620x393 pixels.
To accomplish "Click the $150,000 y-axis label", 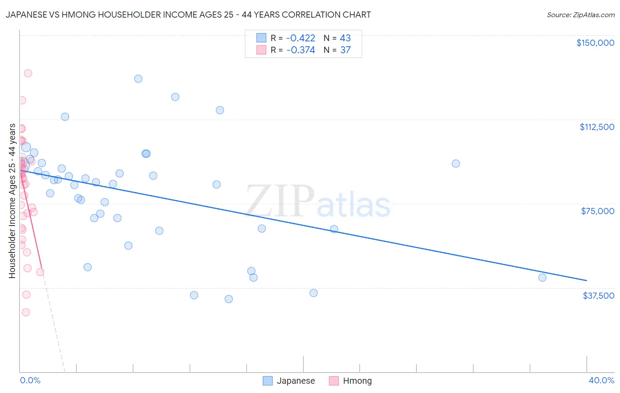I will click(x=595, y=43).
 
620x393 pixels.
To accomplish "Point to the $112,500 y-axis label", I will click(x=597, y=127).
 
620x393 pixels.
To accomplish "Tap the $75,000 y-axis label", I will click(x=598, y=211).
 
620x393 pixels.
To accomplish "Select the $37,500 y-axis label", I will click(x=598, y=296).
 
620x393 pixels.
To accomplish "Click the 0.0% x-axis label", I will click(x=30, y=380).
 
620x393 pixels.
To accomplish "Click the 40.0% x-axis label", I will click(x=601, y=380).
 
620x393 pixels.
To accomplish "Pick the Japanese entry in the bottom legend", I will click(x=295, y=381).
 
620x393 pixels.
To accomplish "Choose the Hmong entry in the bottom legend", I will click(x=357, y=381).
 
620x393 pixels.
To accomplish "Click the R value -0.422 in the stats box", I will click(x=301, y=38).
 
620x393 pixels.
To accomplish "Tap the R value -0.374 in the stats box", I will click(x=301, y=50).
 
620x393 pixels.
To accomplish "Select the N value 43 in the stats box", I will click(x=345, y=38).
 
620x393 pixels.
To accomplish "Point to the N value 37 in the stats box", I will click(x=345, y=50).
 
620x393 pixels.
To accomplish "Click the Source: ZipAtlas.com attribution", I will click(x=580, y=15).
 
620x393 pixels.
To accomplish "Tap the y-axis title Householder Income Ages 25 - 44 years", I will click(x=12, y=201).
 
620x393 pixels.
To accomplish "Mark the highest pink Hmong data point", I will click(x=28, y=73).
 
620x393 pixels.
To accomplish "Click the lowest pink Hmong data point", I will click(x=26, y=312).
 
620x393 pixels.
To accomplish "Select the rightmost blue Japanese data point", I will click(x=542, y=278).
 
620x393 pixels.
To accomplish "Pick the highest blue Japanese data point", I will click(x=138, y=79).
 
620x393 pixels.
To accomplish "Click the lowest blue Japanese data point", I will click(x=228, y=299).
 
